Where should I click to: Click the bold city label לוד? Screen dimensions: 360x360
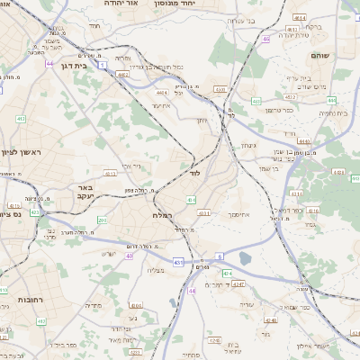(195, 171)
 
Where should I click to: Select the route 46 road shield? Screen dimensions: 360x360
(266, 40)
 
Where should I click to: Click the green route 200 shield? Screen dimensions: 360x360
(102, 220)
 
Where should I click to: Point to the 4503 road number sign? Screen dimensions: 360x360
(220, 89)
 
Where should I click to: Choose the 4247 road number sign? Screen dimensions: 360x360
(238, 284)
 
